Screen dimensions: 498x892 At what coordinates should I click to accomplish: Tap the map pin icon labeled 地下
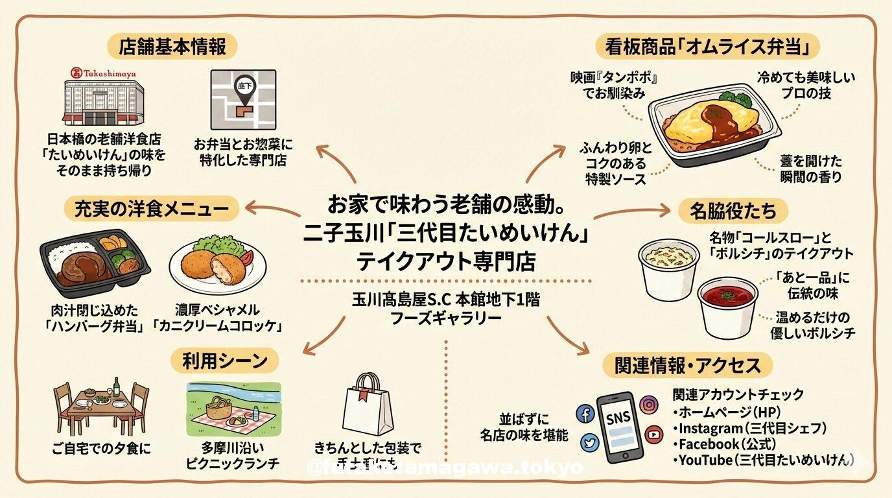pos(244,91)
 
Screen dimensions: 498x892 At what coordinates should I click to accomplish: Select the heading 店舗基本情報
pos(172,47)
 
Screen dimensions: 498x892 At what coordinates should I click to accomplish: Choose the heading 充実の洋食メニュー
pos(152,209)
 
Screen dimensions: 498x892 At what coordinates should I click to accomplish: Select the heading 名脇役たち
pos(733,211)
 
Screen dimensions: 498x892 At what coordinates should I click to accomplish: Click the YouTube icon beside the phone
pos(653,434)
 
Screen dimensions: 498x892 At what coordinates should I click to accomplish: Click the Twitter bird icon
pos(590,443)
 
